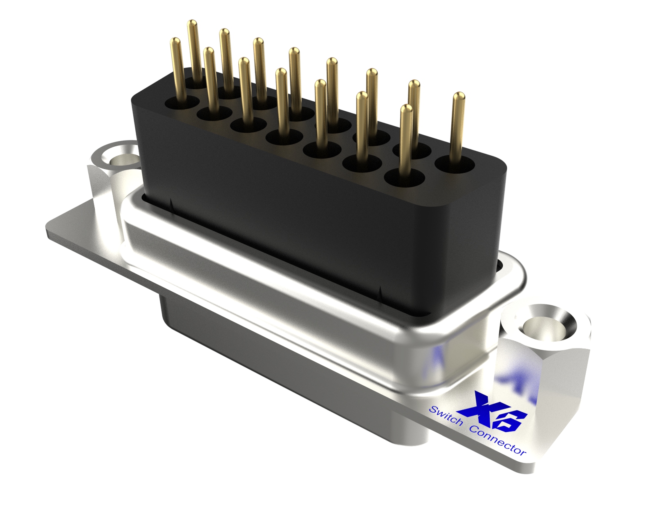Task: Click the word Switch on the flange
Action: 446,416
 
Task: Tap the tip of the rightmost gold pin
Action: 459,96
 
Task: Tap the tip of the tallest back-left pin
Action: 193,23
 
